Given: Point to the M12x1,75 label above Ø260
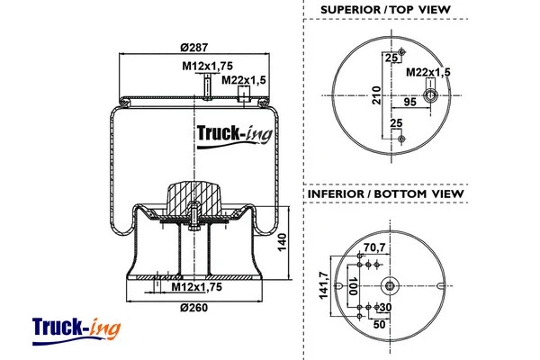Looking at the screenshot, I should pos(196,287).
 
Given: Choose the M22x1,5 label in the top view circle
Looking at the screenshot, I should pos(427,71).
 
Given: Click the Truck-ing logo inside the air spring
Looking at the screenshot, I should pos(230,136).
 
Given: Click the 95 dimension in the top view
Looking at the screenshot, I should pos(409,103).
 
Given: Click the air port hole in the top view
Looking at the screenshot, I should pos(430,95).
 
